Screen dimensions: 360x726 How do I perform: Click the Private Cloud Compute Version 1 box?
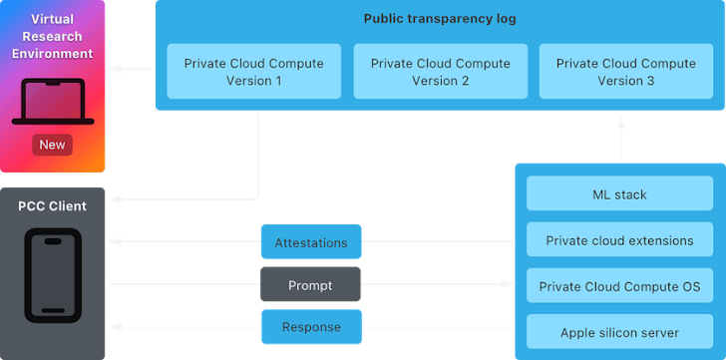(253, 72)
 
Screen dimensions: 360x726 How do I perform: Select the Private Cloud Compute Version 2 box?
(440, 72)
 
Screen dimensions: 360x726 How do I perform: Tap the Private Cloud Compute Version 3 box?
(626, 72)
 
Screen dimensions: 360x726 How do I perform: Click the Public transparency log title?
(440, 19)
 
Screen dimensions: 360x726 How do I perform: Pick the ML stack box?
(619, 194)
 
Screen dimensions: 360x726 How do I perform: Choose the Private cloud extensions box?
(619, 240)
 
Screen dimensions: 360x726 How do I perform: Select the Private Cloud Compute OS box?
(619, 286)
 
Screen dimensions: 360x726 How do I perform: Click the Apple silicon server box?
(619, 332)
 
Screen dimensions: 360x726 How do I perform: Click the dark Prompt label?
(309, 285)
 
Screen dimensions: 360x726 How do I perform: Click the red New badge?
(52, 145)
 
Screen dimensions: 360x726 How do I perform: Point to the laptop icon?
(52, 104)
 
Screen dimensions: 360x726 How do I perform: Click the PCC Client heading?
(52, 206)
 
